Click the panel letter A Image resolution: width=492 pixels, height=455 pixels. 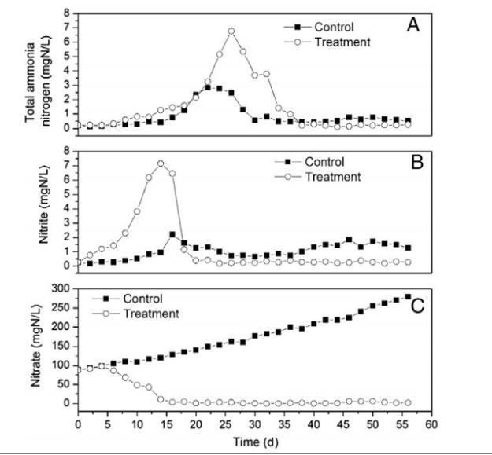(412, 25)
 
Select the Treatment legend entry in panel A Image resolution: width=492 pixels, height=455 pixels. (340, 42)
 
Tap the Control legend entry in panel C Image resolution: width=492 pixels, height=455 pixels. (142, 299)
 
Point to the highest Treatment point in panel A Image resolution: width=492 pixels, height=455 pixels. (231, 31)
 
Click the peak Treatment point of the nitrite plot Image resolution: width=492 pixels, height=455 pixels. (161, 163)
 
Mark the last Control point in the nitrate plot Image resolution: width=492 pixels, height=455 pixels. (408, 296)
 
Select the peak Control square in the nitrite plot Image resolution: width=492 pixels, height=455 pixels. (172, 234)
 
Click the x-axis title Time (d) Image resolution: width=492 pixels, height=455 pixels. (254, 443)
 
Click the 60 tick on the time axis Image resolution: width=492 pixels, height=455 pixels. (431, 425)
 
